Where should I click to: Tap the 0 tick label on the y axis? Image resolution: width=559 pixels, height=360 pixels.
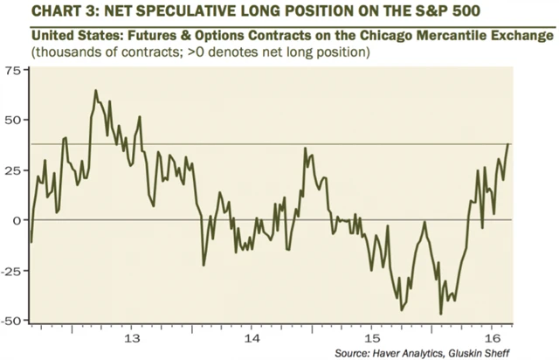(x=17, y=220)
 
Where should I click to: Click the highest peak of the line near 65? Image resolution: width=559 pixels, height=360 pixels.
(x=95, y=90)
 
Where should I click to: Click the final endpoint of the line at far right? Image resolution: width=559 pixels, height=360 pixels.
(x=509, y=144)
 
